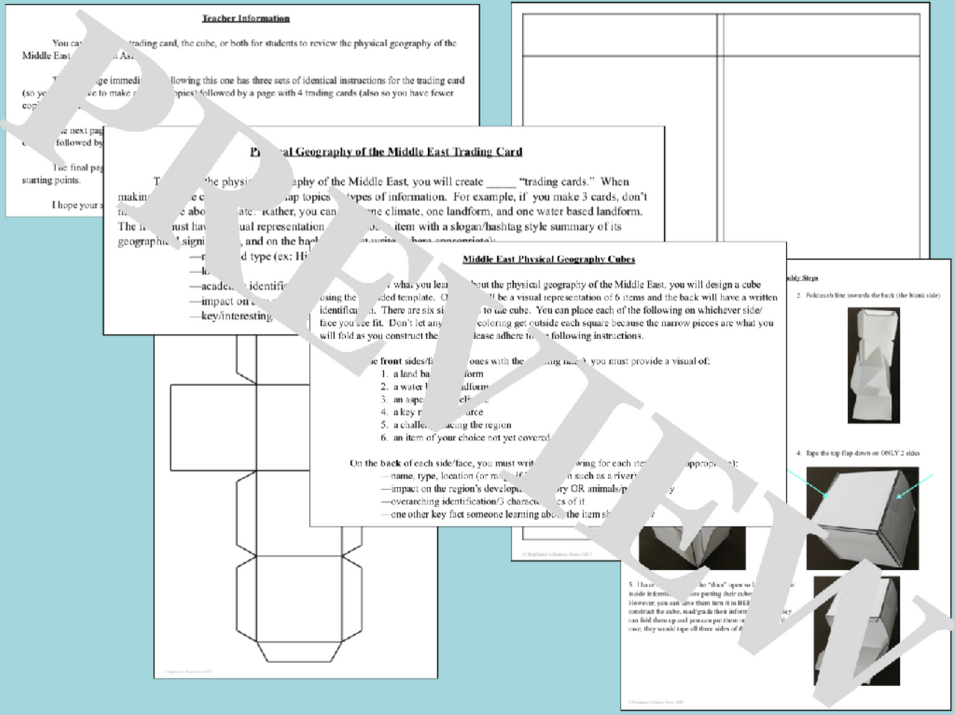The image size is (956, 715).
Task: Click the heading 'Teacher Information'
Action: (x=246, y=18)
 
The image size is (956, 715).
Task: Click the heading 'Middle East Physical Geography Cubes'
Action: (x=548, y=259)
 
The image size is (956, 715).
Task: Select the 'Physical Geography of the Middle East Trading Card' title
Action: (x=386, y=152)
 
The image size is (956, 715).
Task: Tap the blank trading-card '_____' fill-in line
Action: (x=500, y=182)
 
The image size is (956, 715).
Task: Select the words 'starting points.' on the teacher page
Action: (x=51, y=180)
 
